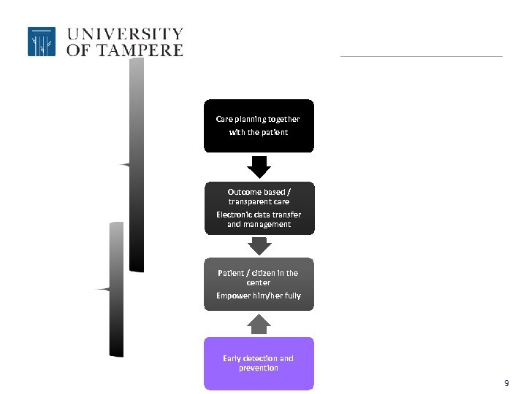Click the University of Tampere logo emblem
tap(42, 42)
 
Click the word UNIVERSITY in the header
tap(125, 34)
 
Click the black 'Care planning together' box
tap(259, 125)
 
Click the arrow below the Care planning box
tap(259, 167)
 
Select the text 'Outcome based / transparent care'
tap(259, 197)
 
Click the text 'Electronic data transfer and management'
tap(259, 220)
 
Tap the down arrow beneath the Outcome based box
tap(259, 246)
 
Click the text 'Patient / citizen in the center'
tap(259, 277)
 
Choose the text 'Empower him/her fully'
tap(259, 295)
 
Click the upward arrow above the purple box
tap(259, 323)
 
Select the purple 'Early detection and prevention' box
tap(259, 363)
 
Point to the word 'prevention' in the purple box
tap(259, 368)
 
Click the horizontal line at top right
tap(422, 56)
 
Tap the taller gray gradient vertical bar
tap(137, 164)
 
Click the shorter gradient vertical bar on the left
tap(116, 289)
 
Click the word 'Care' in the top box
tap(224, 119)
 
